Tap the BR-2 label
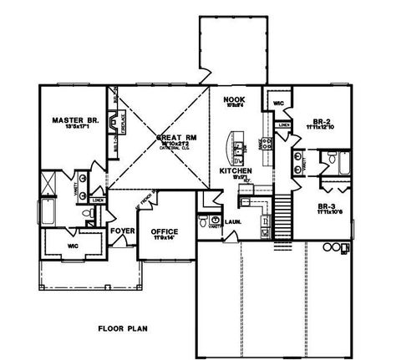click(319, 120)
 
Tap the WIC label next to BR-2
click(278, 104)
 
